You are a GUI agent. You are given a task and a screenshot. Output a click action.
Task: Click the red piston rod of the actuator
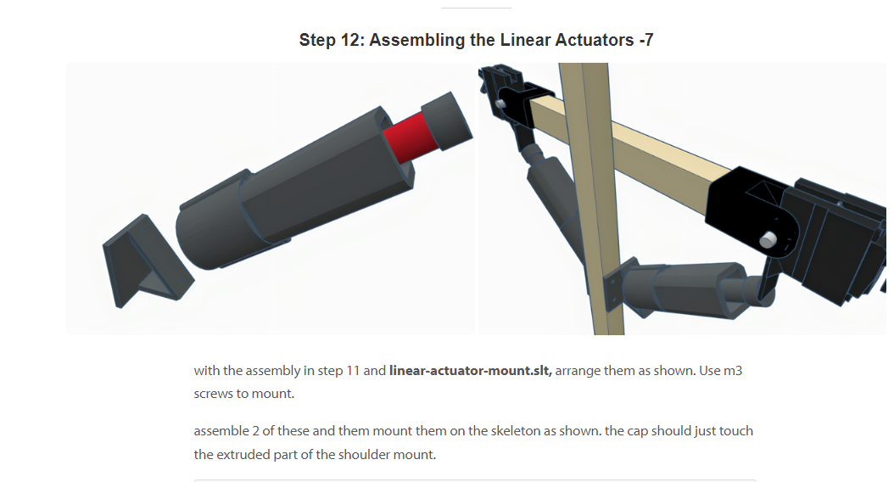point(410,137)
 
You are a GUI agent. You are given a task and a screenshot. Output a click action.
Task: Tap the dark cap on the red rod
point(447,121)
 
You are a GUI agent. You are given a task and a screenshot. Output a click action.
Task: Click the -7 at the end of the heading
point(646,40)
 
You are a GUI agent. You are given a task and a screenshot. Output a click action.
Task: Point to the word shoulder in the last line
point(365,455)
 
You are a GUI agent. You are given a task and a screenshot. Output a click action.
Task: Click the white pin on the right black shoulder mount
point(768,239)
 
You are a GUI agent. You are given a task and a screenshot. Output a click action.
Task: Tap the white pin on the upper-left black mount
point(500,104)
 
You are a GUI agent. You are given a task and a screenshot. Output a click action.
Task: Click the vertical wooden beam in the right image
point(593,199)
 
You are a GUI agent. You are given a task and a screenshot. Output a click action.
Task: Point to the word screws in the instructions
point(213,394)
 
